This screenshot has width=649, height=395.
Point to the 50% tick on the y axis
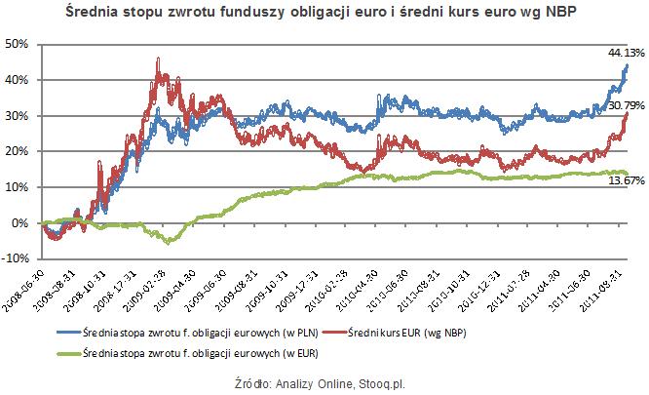pos(18,44)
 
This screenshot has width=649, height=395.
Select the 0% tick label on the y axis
pos(22,223)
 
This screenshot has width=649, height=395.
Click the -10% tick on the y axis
pos(18,258)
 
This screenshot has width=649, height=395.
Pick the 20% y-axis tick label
pos(18,151)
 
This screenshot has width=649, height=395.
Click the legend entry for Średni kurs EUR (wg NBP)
pos(400,332)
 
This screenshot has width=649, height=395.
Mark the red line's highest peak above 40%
pos(158,59)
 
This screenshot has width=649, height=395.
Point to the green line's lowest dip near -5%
pos(169,242)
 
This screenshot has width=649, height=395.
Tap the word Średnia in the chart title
pos(94,14)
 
